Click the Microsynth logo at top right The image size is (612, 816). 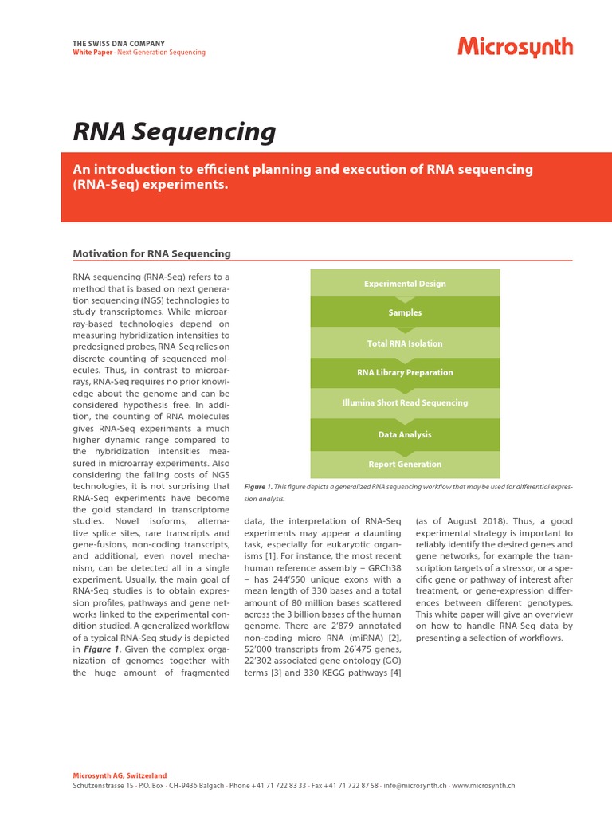pyautogui.click(x=515, y=48)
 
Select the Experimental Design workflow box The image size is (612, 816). pyautogui.click(x=405, y=284)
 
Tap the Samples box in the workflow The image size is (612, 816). pyautogui.click(x=405, y=313)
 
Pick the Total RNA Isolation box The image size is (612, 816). pyautogui.click(x=405, y=343)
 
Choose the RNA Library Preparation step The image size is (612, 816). pyautogui.click(x=405, y=373)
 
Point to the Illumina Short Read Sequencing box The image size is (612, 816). pyautogui.click(x=405, y=403)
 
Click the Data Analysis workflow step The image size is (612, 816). pyautogui.click(x=405, y=434)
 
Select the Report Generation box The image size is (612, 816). pyautogui.click(x=405, y=465)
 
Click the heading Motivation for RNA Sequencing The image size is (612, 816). pyautogui.click(x=152, y=253)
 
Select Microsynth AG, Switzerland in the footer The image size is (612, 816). pyautogui.click(x=120, y=775)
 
